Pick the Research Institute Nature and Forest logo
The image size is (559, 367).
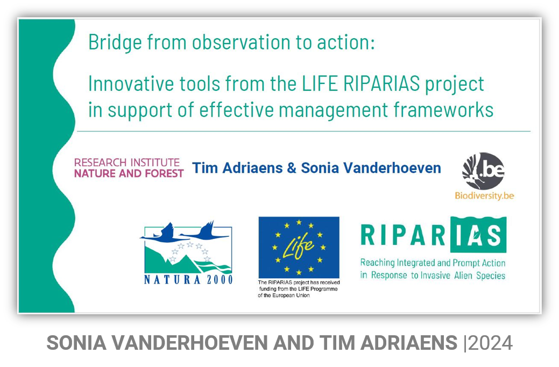[129, 168]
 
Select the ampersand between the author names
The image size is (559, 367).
[292, 168]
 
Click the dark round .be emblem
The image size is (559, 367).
[484, 171]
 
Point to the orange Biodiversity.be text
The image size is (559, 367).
[484, 196]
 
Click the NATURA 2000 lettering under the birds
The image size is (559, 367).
[188, 280]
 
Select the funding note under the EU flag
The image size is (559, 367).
[299, 289]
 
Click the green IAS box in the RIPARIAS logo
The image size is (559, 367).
[478, 235]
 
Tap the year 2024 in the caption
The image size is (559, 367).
[491, 343]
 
